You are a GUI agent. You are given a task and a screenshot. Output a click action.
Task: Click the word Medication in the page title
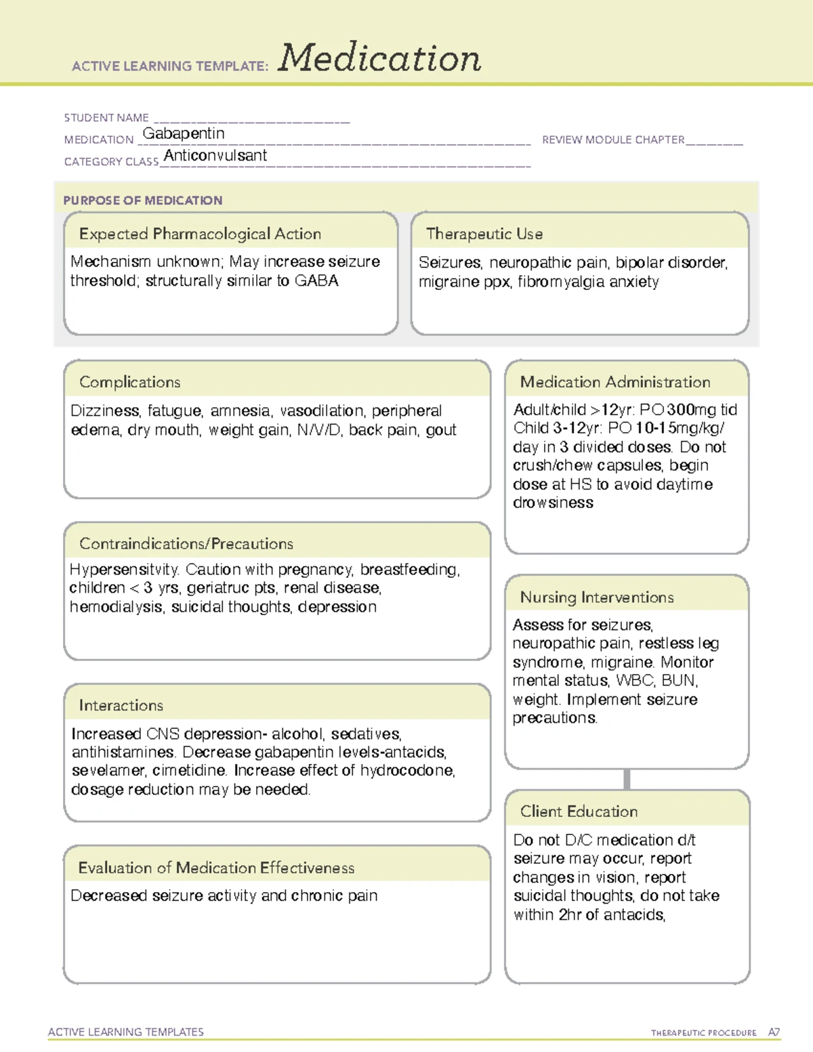(x=379, y=58)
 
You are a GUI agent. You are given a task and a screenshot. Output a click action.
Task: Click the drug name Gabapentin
(x=184, y=133)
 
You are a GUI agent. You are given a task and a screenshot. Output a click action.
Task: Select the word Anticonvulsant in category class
(x=215, y=156)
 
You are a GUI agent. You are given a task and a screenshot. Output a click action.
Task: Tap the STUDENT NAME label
(x=106, y=118)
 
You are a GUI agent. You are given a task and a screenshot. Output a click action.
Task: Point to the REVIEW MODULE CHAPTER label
(x=613, y=140)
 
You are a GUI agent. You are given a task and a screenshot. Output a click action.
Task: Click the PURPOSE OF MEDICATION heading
(x=143, y=201)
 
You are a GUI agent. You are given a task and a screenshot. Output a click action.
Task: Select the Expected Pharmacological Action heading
(x=200, y=234)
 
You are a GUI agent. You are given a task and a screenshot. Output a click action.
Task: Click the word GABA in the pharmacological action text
(x=316, y=281)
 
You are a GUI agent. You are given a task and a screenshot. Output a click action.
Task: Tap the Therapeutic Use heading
(x=484, y=234)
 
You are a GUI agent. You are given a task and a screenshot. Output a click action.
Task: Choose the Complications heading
(x=130, y=382)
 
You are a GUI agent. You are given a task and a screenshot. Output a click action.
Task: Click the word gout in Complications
(x=441, y=430)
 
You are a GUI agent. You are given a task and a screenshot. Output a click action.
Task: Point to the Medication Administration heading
(x=615, y=382)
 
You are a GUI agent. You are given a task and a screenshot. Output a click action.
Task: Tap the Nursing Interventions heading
(x=597, y=597)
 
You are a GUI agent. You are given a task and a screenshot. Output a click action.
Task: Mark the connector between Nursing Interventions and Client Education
(x=627, y=779)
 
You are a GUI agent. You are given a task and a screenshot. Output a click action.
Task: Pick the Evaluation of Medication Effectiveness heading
(x=216, y=868)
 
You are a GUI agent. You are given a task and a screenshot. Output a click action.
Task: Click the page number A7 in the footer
(x=774, y=1032)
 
